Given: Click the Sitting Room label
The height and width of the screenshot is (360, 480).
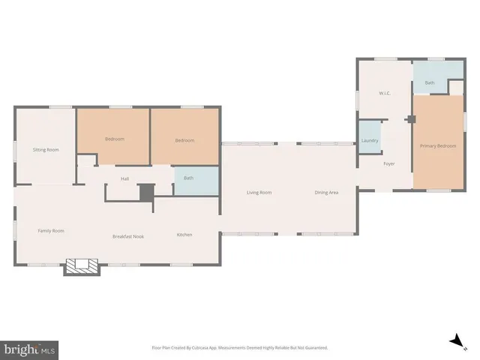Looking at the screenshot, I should tap(46, 150).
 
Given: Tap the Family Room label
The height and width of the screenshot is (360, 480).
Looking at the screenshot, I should tap(51, 230).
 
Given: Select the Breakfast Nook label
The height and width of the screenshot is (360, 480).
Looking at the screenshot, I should tap(128, 236).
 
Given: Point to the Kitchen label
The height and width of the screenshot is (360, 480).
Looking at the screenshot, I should tap(184, 235).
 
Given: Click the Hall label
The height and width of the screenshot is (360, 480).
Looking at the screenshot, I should tap(126, 178).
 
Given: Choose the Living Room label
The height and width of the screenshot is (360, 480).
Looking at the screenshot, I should tap(259, 193).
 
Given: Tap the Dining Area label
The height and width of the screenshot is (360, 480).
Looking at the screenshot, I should tap(326, 193).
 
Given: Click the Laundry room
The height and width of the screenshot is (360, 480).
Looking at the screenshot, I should tap(370, 140).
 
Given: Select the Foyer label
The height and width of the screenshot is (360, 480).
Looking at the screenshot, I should tap(389, 163).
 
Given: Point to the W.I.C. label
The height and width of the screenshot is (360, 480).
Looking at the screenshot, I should tap(384, 93).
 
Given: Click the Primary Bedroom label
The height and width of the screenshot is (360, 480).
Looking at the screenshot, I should tap(438, 145).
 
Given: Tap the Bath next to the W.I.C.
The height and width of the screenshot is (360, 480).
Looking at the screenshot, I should tap(430, 82).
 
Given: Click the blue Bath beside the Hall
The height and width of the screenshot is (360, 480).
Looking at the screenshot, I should tap(188, 178).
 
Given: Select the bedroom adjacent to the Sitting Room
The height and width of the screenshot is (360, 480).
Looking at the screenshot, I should tap(114, 139).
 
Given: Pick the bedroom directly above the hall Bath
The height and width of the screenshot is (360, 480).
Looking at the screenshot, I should tap(185, 140).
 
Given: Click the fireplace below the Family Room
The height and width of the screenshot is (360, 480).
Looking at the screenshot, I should tap(81, 266).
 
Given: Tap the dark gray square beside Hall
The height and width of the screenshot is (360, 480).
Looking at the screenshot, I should tap(146, 192).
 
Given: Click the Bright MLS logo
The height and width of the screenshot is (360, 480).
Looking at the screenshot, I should tap(29, 349).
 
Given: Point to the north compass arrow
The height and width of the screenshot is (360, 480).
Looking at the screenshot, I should tap(455, 342).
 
